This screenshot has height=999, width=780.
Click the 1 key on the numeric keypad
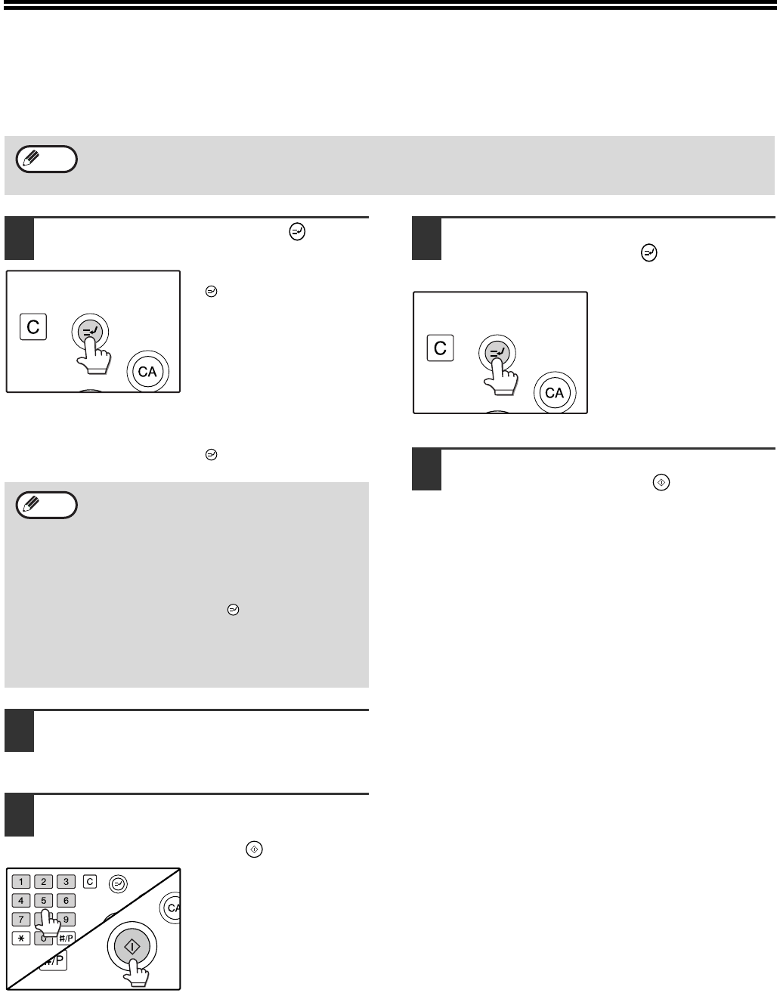(x=20, y=882)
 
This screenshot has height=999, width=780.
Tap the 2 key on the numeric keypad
(x=44, y=882)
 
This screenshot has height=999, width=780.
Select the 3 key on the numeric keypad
(x=67, y=882)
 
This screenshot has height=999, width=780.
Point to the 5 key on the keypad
(x=44, y=901)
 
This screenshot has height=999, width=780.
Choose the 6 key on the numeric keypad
(x=67, y=901)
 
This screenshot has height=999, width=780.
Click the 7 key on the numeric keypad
(x=20, y=920)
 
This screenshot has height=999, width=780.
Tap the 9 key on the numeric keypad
(x=67, y=920)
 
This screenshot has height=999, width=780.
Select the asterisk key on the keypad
(x=20, y=939)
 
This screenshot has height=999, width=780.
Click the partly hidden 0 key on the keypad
(x=43, y=939)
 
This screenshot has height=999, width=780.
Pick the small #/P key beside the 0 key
(x=67, y=939)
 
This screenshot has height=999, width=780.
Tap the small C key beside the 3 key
(x=90, y=882)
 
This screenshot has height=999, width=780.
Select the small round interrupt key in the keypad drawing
(x=118, y=883)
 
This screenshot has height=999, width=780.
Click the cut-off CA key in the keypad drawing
(x=171, y=908)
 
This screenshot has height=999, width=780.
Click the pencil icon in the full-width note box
(x=31, y=158)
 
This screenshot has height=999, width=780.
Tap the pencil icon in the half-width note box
(x=31, y=504)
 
